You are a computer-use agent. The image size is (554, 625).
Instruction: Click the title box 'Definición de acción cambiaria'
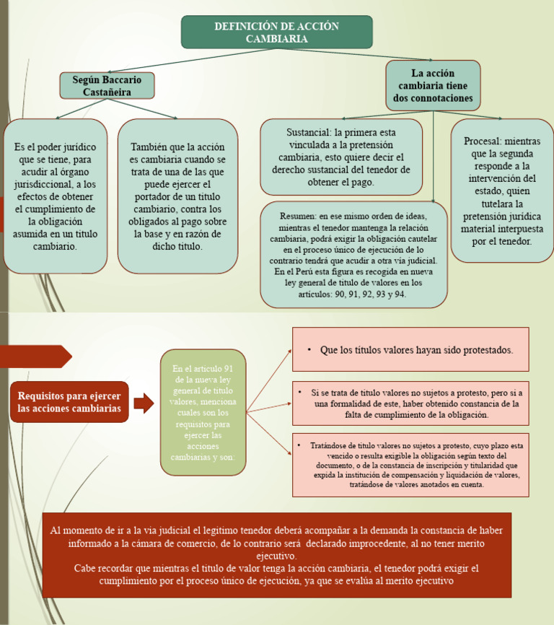point(276,32)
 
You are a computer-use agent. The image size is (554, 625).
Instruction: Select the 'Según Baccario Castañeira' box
point(107,85)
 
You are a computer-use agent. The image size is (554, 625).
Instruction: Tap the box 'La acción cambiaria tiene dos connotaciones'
point(433,86)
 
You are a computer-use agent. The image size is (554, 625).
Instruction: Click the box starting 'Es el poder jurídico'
point(56,196)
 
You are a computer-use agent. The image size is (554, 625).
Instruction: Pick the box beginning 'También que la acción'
point(177,196)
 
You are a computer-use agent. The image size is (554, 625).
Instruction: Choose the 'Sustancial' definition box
point(341,157)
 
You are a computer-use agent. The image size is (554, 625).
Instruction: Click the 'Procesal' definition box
point(502,191)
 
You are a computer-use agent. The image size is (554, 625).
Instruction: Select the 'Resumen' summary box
point(353,255)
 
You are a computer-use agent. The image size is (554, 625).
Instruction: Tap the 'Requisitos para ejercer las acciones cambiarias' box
point(69,402)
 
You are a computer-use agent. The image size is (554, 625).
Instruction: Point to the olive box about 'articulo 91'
point(203,412)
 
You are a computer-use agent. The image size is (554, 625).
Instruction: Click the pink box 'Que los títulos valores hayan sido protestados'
point(410,349)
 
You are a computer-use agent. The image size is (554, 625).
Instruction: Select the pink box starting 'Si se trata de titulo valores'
point(410,403)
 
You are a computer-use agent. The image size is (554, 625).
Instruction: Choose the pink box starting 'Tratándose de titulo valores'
point(410,465)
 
